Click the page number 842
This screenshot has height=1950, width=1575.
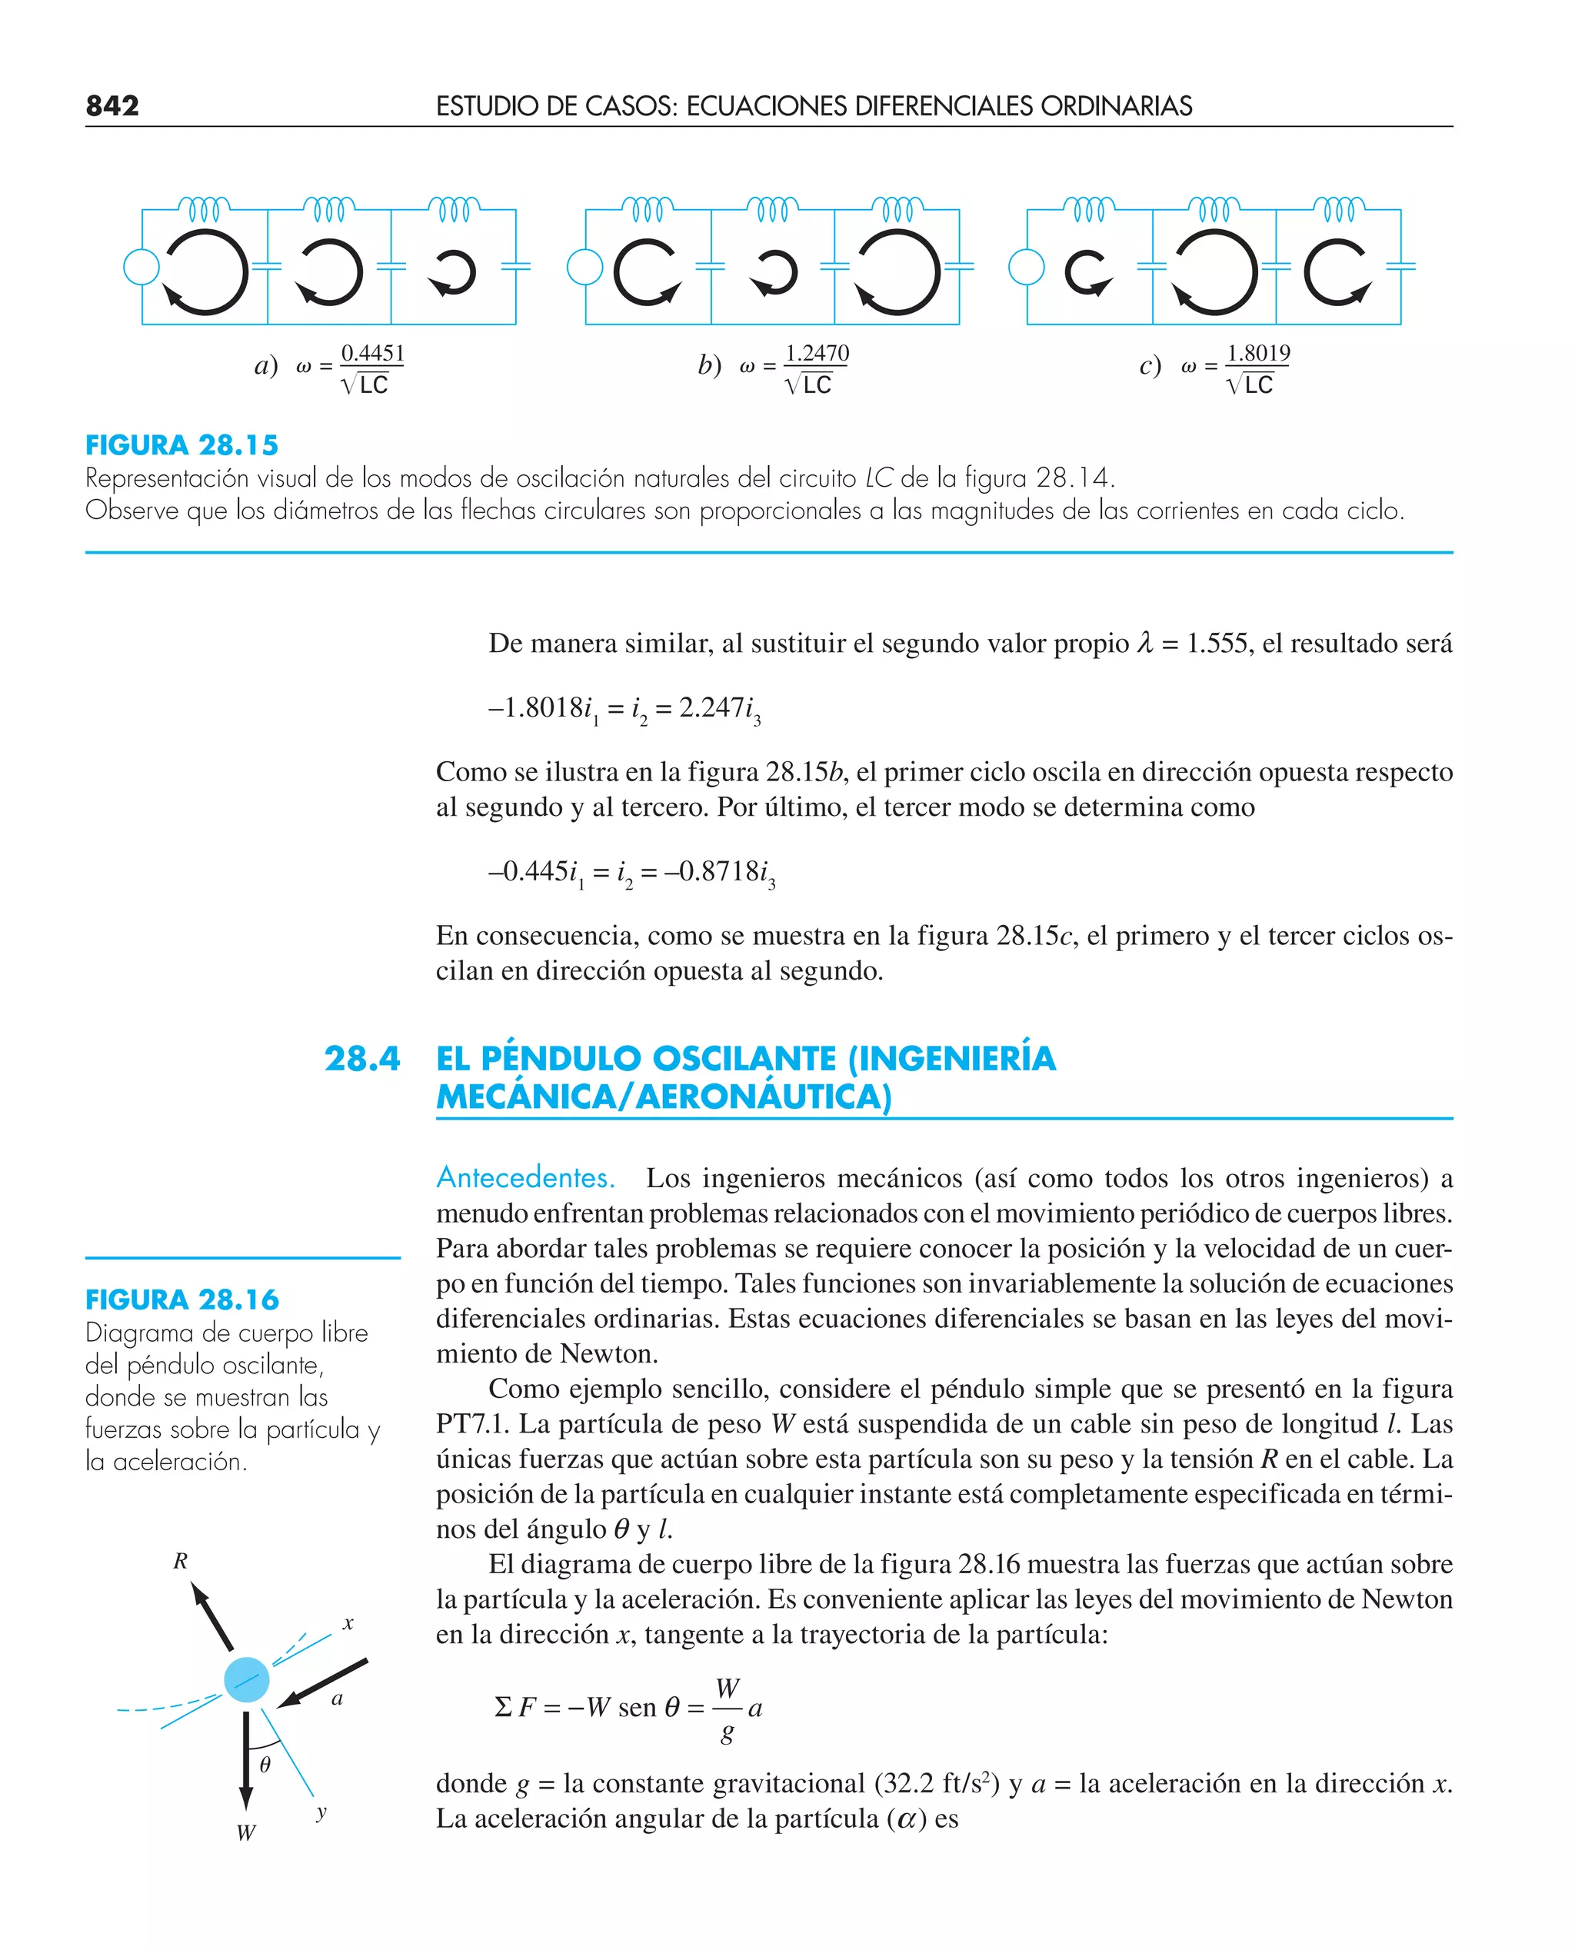coord(112,106)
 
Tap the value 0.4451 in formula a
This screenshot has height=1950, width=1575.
coord(372,353)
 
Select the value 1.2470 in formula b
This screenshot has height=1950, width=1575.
coord(817,353)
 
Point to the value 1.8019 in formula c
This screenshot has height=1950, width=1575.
coord(1257,353)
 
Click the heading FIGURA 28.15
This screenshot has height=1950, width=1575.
coord(181,445)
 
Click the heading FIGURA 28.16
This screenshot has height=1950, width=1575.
coord(181,1299)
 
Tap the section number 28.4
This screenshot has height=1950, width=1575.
coord(362,1059)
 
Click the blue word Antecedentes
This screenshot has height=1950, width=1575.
coord(525,1177)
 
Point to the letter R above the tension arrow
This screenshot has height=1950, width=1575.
coord(181,1561)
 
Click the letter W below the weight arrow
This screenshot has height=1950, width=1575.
coord(246,1833)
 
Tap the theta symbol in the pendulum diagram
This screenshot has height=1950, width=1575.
coord(265,1764)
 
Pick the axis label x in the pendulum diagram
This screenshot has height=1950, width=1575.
coord(348,1623)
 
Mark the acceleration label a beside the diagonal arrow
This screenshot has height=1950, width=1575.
coord(338,1699)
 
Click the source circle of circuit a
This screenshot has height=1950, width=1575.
coord(141,268)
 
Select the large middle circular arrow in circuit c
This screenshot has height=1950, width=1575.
coord(1214,272)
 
